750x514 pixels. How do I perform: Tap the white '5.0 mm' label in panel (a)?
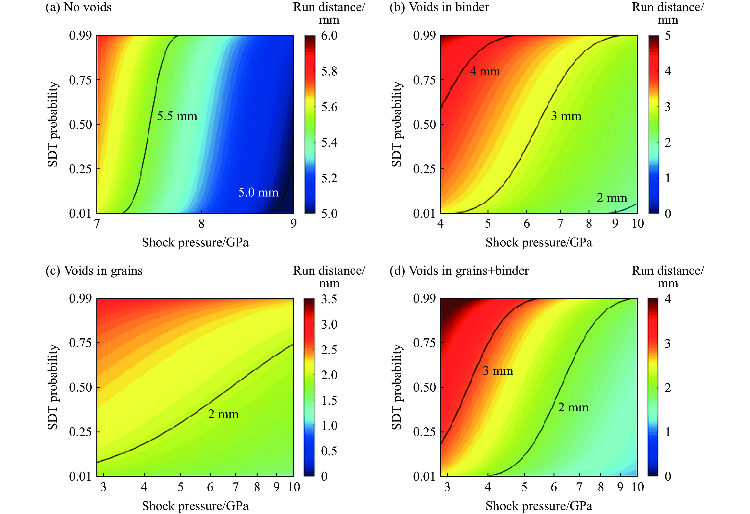pos(258,193)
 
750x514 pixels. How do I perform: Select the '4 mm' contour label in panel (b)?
pos(485,71)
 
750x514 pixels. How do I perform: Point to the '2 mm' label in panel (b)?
pos(612,198)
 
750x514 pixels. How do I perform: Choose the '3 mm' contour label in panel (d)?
pos(498,371)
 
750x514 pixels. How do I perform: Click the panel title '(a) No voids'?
pos(78,7)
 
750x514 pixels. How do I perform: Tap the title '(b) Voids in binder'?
pos(439,7)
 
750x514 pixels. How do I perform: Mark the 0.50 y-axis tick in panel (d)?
pos(424,387)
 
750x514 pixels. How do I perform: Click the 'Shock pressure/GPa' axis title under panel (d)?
pos(539,506)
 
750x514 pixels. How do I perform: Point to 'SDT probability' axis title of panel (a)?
pos(53,124)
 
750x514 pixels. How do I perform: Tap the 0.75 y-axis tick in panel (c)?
pos(80,343)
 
